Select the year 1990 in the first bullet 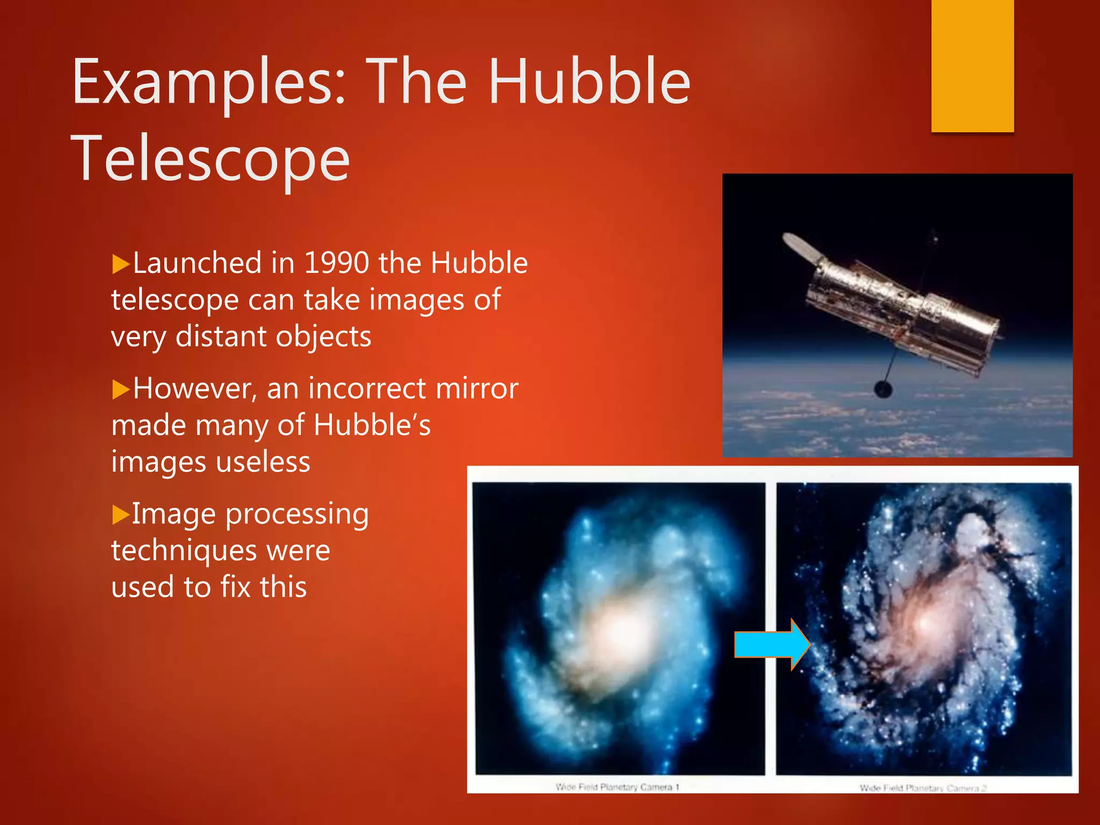(336, 263)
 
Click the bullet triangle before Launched (121, 265)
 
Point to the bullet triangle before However (121, 390)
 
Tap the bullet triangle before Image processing (121, 515)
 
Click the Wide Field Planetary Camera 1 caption (617, 787)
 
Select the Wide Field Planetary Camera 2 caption (923, 788)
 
